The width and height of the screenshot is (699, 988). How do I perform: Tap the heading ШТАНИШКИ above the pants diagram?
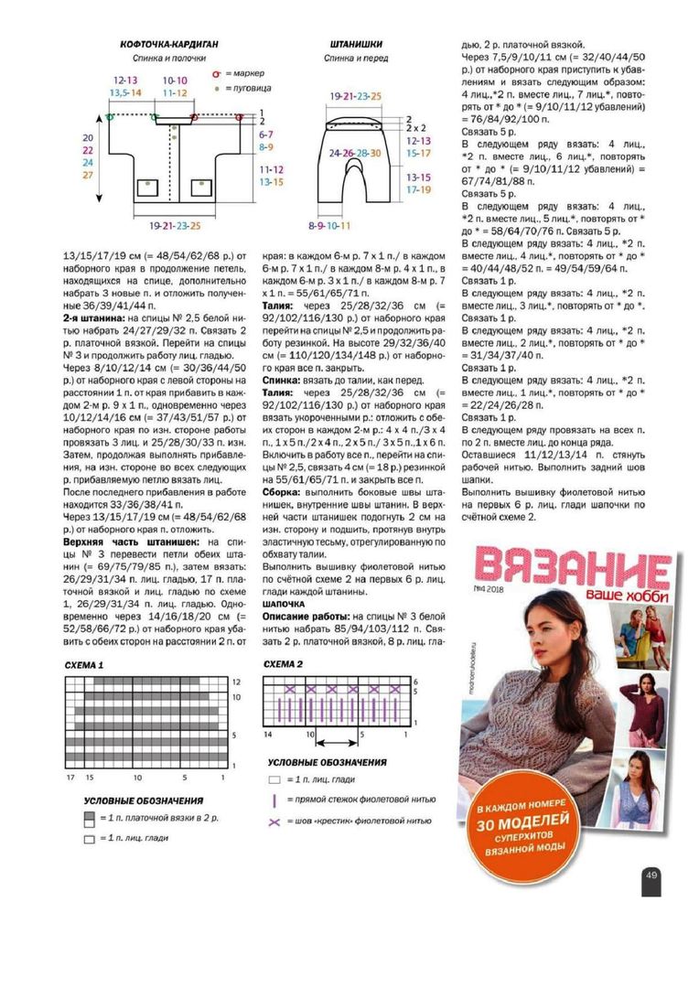point(357,43)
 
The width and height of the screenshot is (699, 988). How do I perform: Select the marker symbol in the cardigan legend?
point(217,72)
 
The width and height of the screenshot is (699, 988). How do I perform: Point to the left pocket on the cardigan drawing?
point(147,188)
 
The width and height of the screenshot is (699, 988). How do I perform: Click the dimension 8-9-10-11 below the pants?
point(328,224)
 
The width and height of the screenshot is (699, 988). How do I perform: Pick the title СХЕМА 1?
point(84,665)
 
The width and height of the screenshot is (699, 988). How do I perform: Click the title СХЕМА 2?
point(284,664)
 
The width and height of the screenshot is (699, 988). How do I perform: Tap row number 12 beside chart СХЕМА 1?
point(235,682)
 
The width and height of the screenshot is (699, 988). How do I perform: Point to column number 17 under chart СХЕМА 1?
point(70,777)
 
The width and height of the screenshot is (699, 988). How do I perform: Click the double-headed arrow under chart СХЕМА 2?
point(336,734)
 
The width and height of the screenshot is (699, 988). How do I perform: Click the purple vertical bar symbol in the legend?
point(273,800)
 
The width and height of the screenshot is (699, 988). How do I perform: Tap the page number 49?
point(651,875)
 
